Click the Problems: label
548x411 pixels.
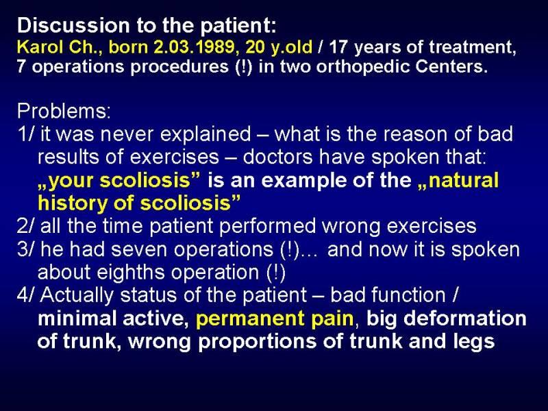64,111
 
